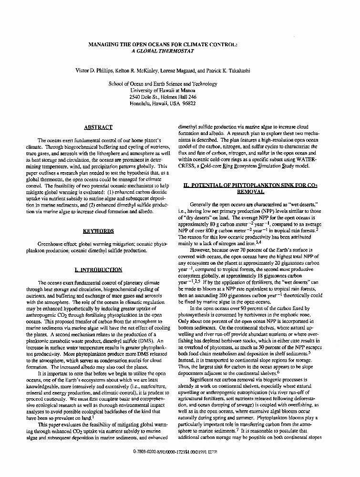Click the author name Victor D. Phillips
(x=95, y=71)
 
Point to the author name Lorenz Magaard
(x=181, y=71)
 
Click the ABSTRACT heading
(x=98, y=127)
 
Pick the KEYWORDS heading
(x=98, y=231)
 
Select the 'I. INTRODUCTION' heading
(x=98, y=270)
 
